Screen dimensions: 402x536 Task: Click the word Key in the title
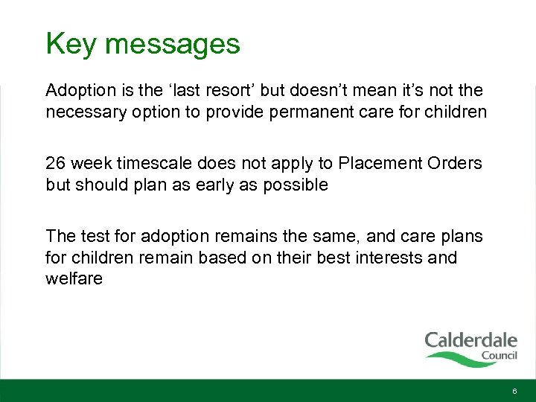71,44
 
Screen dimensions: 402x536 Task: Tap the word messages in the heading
172,44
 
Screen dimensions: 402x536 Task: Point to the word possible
293,185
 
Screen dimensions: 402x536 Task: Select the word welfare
74,278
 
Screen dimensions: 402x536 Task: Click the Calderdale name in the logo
470,341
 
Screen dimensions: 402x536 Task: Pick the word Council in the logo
499,355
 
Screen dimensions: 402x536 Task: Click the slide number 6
514,392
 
